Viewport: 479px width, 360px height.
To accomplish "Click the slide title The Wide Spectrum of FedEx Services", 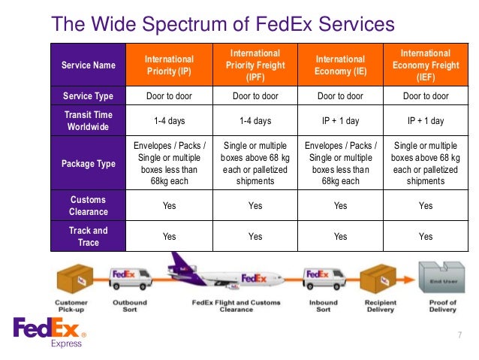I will (x=222, y=24).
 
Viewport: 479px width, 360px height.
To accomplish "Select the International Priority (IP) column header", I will (x=169, y=65).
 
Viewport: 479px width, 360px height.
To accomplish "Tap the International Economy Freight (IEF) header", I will (x=425, y=65).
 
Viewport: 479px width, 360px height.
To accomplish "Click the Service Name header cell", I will (x=89, y=65).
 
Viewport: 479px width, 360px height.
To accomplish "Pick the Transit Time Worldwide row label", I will (x=89, y=120).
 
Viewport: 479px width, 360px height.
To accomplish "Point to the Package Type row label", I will (x=89, y=163).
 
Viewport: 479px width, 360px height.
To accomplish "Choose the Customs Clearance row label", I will (x=89, y=205).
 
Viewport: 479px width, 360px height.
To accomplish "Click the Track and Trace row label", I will (x=89, y=236).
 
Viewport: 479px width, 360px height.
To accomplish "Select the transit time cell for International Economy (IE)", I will (x=340, y=120).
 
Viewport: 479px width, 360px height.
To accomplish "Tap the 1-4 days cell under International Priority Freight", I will (x=255, y=120).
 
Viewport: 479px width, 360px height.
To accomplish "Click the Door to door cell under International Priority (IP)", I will (x=169, y=96).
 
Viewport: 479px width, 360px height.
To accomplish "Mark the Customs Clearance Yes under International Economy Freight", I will (x=425, y=205).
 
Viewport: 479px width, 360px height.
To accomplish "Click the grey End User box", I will (x=441, y=280).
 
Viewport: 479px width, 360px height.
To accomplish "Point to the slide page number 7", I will (x=459, y=334).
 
